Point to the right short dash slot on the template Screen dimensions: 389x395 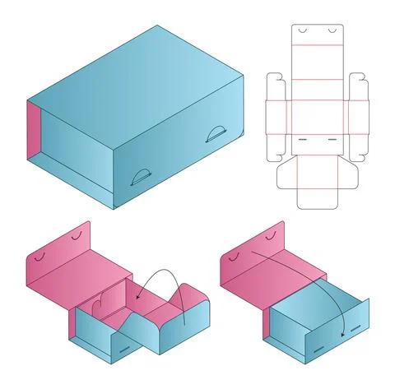point(332,140)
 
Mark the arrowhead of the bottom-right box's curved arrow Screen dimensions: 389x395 point(342,335)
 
